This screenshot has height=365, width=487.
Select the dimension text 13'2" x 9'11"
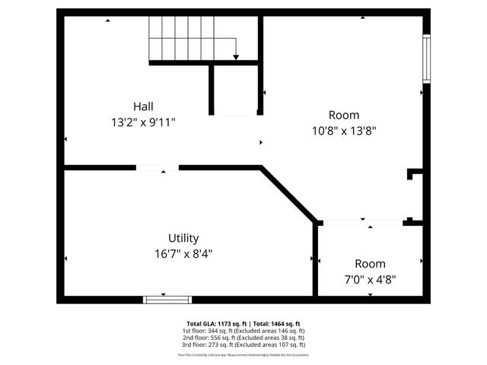pos(148,121)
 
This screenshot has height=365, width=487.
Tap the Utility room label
pos(183,238)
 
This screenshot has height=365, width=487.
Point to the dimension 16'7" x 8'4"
pos(183,253)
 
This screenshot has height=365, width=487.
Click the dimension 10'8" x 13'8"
pos(344,130)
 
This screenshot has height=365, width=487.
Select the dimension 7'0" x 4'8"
pos(370,278)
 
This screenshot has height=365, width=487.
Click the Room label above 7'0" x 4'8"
pos(370,263)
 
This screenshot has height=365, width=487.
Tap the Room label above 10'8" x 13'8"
pos(344,115)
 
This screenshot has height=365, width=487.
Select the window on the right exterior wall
pos(427,59)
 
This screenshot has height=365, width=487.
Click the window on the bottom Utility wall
pos(167,300)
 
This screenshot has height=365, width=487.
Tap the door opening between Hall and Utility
pos(158,167)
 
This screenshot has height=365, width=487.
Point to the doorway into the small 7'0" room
pos(361,222)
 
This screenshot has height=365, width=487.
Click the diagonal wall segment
pos(289,195)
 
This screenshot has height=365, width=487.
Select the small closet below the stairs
pos(235,90)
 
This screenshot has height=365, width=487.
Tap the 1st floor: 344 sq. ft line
pos(243,331)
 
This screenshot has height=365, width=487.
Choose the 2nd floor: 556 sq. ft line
pos(243,338)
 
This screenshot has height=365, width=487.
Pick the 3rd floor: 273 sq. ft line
pos(243,344)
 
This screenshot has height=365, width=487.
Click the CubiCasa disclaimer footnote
pos(243,354)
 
